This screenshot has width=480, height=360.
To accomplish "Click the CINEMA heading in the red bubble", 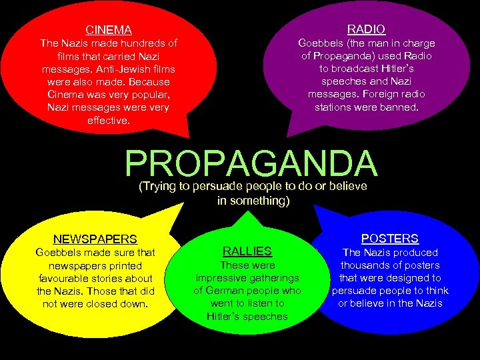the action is coord(109,30).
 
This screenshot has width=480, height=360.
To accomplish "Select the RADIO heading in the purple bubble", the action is coord(366,29).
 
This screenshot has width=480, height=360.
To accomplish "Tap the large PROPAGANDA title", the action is coord(251,164).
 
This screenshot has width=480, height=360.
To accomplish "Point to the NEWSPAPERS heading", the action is coord(95,239).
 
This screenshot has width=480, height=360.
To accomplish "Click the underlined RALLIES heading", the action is coord(247,251).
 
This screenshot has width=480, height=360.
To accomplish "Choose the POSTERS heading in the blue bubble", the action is coord(389,238).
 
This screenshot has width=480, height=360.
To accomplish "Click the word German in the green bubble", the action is coord(228,291).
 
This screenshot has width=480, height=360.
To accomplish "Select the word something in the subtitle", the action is coord(263,200).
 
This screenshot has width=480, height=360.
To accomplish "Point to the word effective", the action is coord(109,121).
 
